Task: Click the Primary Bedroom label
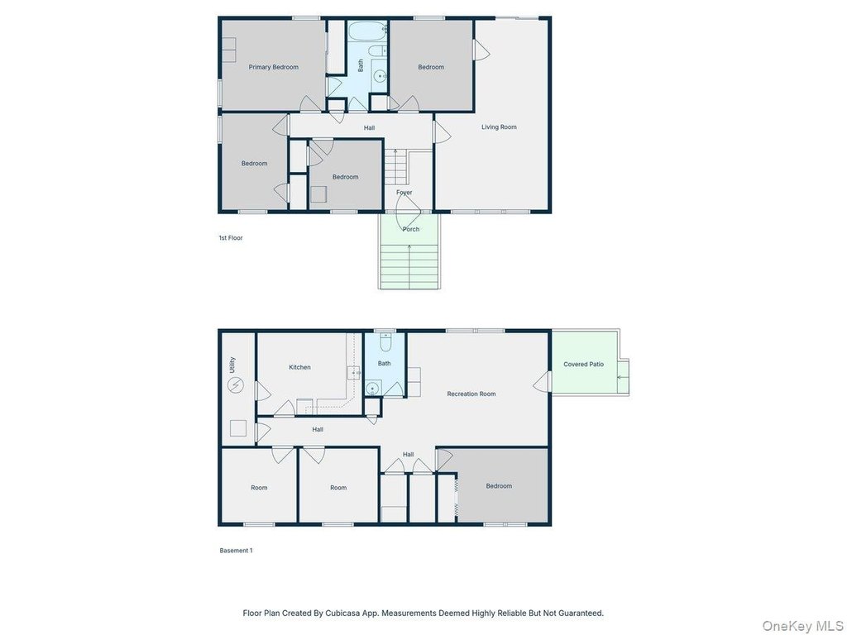pyautogui.click(x=273, y=67)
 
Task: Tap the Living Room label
pyautogui.click(x=499, y=127)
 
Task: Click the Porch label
pyautogui.click(x=411, y=229)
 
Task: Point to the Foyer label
pyautogui.click(x=404, y=192)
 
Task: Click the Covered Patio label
pyautogui.click(x=583, y=364)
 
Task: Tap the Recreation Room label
pyautogui.click(x=471, y=394)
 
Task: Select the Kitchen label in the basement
pyautogui.click(x=299, y=367)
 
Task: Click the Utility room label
pyautogui.click(x=232, y=365)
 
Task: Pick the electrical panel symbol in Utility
pyautogui.click(x=236, y=385)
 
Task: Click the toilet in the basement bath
pyautogui.click(x=385, y=341)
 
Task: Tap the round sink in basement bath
pyautogui.click(x=372, y=389)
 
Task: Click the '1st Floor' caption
pyautogui.click(x=231, y=237)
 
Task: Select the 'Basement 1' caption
pyautogui.click(x=236, y=551)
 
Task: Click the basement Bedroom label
pyautogui.click(x=499, y=486)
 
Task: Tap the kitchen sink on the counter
pyautogui.click(x=354, y=373)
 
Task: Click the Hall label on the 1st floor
pyautogui.click(x=369, y=128)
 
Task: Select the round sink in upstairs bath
pyautogui.click(x=380, y=76)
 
